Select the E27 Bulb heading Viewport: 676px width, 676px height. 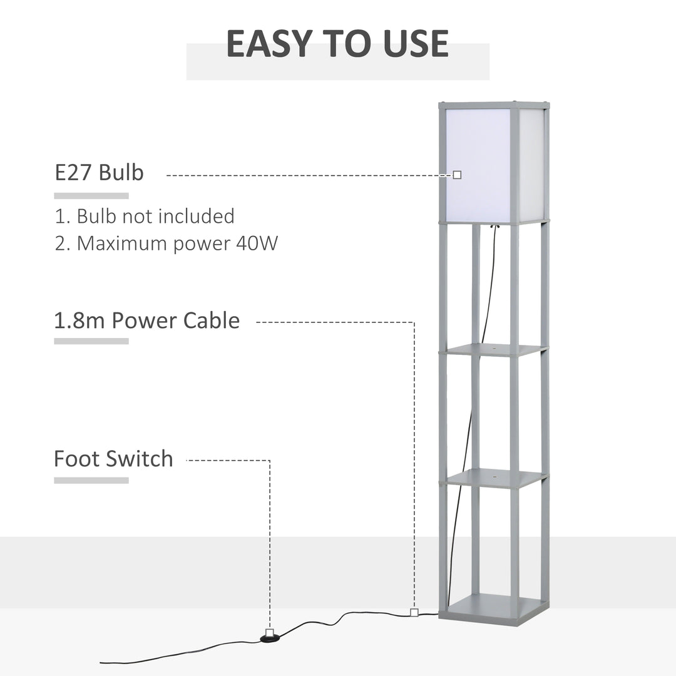pos(99,172)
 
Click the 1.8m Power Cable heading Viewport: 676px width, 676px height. pos(146,320)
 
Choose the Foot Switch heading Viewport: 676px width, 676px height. pos(113,459)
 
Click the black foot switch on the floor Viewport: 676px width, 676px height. pos(269,638)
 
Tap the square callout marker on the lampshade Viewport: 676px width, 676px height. pos(458,175)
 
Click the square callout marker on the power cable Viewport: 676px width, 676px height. pos(414,612)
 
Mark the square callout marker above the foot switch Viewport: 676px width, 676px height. pos(269,632)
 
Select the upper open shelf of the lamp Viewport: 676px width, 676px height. pos(493,349)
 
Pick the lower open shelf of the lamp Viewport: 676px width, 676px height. pos(495,479)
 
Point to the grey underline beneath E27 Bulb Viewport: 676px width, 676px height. pos(91,196)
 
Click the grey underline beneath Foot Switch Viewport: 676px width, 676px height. pos(91,480)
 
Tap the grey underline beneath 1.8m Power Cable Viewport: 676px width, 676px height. pos(91,341)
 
